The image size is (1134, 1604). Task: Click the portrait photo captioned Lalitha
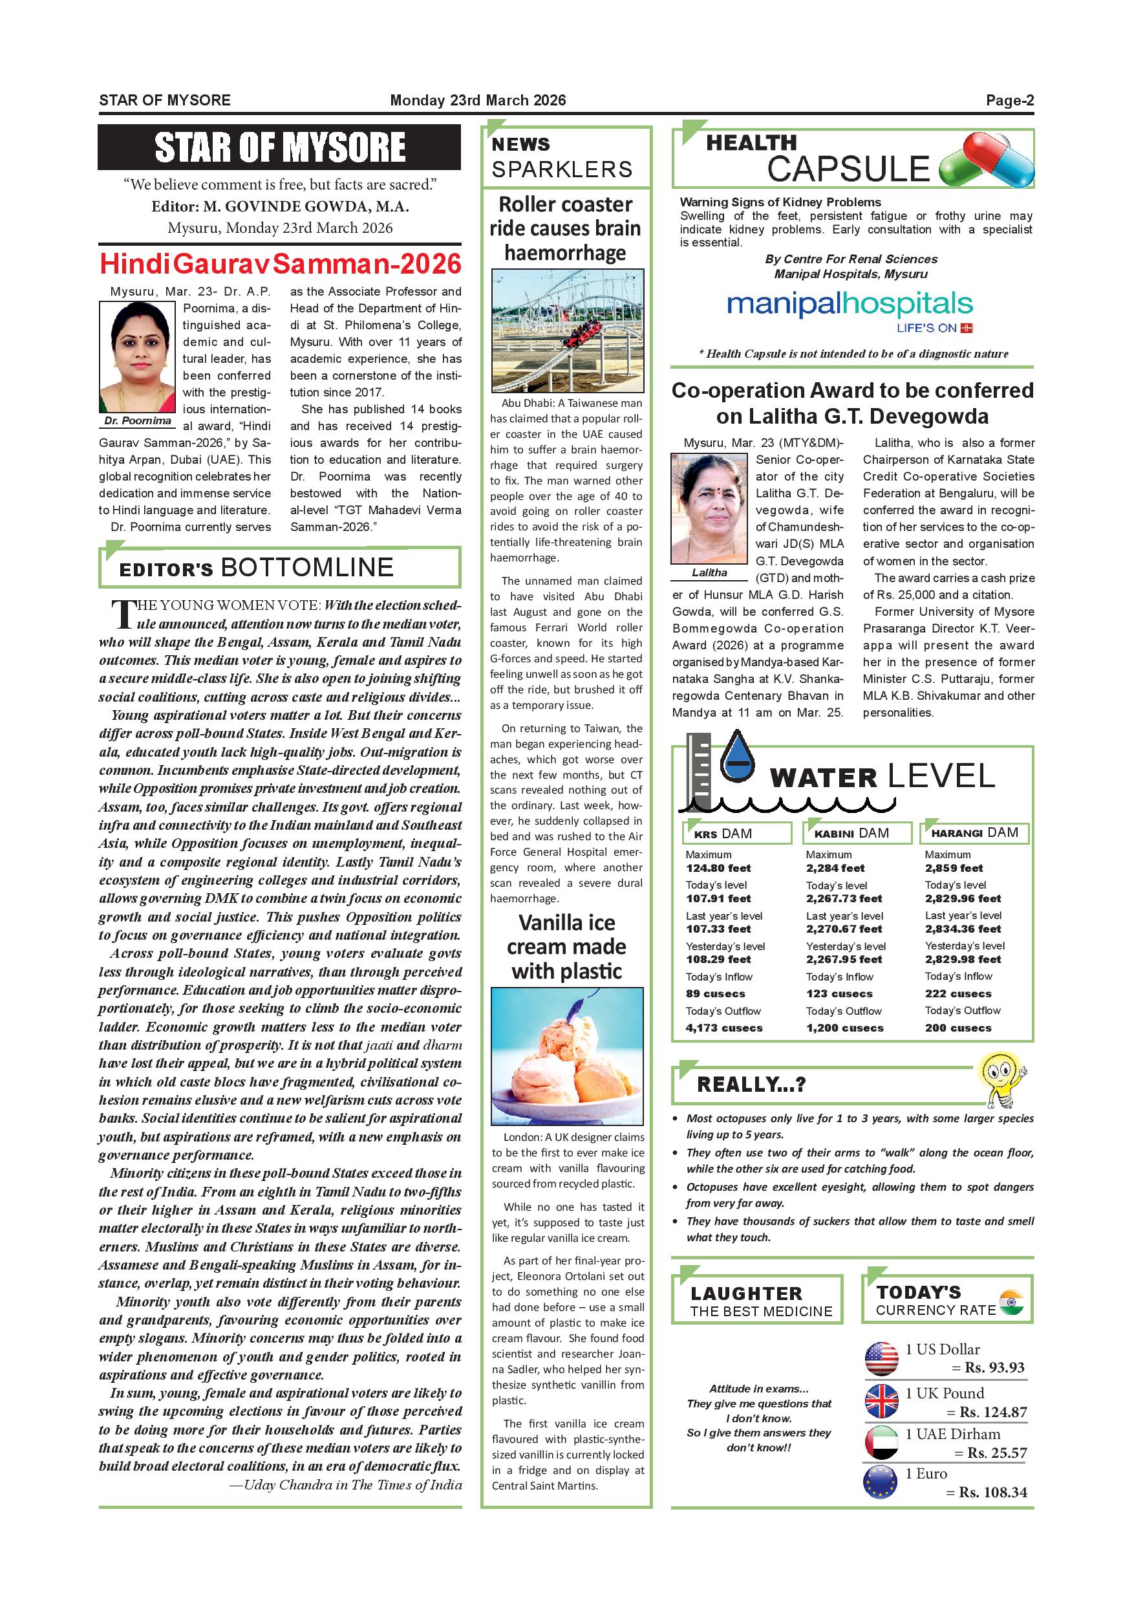[x=709, y=508]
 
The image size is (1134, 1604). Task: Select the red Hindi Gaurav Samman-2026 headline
[x=280, y=264]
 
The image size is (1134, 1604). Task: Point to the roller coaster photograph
[x=567, y=331]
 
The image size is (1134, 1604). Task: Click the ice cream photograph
[x=567, y=1056]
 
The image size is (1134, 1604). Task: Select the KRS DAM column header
[x=736, y=834]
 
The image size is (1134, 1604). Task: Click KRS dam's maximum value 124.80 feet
[x=718, y=869]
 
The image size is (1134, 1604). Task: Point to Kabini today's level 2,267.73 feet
[x=844, y=898]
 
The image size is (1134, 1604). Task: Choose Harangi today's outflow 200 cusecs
[x=958, y=1028]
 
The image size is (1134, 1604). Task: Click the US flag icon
[x=881, y=1359]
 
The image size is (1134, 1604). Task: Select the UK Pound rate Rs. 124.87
[x=993, y=1412]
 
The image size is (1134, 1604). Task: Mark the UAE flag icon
[x=881, y=1442]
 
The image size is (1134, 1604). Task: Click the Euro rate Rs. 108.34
[x=993, y=1492]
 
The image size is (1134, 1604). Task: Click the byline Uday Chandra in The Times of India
[x=346, y=1485]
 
